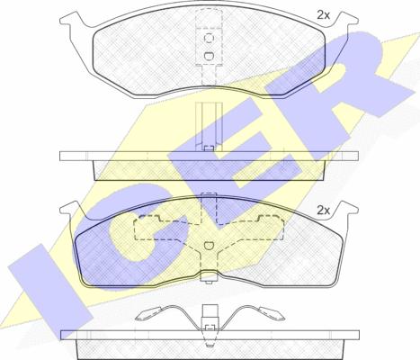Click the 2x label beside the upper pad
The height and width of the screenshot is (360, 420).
pos(323,15)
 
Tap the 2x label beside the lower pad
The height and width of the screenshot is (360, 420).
pos(323,211)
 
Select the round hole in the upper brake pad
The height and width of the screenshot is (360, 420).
pos(209,38)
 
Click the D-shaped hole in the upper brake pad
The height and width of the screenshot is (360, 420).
pos(209,56)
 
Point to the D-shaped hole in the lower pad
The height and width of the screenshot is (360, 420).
pos(209,246)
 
